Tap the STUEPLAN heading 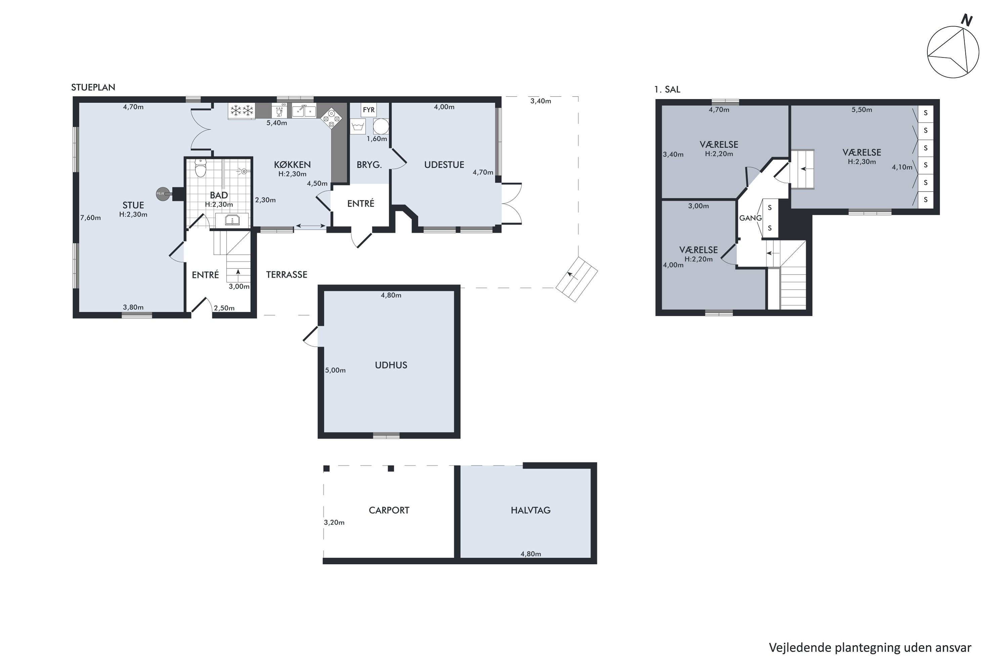pos(93,87)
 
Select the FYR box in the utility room pos(369,110)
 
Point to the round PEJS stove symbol pos(162,194)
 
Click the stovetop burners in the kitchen pos(331,118)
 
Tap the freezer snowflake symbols pos(242,111)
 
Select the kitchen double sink pos(304,111)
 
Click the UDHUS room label pos(391,365)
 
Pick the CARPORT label pos(389,510)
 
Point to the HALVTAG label pos(531,510)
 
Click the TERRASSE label pos(286,275)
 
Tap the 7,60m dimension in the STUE pos(90,218)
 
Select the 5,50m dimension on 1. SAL pos(862,110)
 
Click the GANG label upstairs pos(750,218)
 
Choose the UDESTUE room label pos(444,165)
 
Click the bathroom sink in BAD pos(232,220)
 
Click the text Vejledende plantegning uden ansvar pos(870,647)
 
